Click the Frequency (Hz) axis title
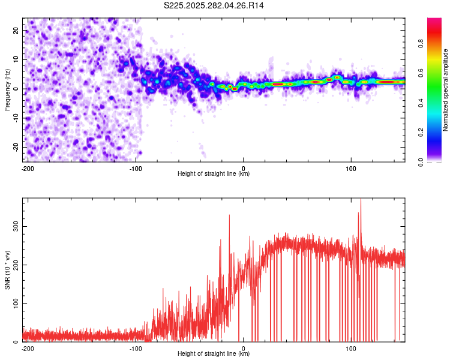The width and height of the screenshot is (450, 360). (x=7, y=89)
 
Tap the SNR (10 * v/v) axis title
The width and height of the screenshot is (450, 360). (x=7, y=269)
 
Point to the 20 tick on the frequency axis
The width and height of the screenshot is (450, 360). (x=16, y=30)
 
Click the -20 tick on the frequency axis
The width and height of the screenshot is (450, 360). (x=15, y=147)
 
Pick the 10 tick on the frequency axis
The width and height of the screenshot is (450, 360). (x=16, y=59)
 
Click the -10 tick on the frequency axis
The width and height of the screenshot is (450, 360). (x=15, y=118)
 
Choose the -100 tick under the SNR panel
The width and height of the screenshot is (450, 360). (x=135, y=349)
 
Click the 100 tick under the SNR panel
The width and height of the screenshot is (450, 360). (x=351, y=349)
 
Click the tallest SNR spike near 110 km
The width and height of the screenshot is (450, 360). (x=361, y=200)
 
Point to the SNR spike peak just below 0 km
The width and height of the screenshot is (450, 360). (x=229, y=215)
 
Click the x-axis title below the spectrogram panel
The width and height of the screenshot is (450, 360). (x=214, y=174)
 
